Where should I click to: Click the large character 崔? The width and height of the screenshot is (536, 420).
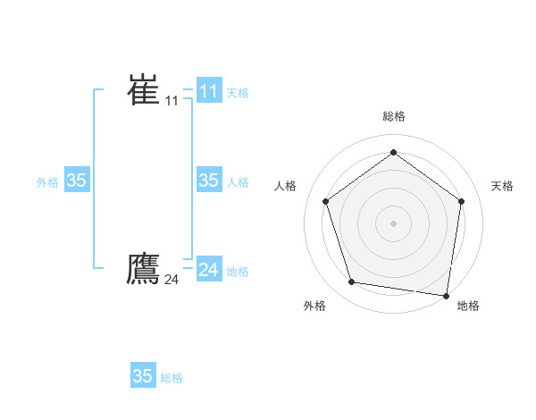[x=143, y=90]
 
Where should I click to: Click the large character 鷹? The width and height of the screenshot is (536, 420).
[x=143, y=268]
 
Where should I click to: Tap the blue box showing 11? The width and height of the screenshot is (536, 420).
[x=208, y=91]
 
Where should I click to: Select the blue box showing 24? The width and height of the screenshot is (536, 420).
[x=208, y=270]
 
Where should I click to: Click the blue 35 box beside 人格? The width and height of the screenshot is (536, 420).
[x=208, y=181]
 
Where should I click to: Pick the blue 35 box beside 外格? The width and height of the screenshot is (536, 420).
[x=76, y=181]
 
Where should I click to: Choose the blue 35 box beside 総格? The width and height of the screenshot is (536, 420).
[x=142, y=376]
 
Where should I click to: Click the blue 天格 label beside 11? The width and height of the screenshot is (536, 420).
[x=238, y=92]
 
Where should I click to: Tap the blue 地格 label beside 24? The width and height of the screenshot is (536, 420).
[x=238, y=272]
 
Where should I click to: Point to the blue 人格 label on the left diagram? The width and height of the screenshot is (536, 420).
[x=238, y=182]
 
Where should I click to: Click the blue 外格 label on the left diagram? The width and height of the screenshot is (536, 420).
[x=47, y=182]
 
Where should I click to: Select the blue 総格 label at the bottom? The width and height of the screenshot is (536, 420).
[x=172, y=378]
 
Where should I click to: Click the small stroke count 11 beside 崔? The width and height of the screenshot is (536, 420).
[x=172, y=101]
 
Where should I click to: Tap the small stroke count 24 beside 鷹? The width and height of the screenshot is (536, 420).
[x=172, y=280]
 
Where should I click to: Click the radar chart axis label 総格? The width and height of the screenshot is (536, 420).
[x=393, y=116]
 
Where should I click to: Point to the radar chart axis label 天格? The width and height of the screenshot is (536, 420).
[x=503, y=186]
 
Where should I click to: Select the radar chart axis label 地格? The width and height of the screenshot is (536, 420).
[x=468, y=306]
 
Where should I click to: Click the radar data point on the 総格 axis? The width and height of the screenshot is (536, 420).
[x=393, y=153]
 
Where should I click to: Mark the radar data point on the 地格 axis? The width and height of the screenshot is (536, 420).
[x=446, y=295]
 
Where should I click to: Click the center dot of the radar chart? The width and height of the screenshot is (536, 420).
[x=393, y=223]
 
